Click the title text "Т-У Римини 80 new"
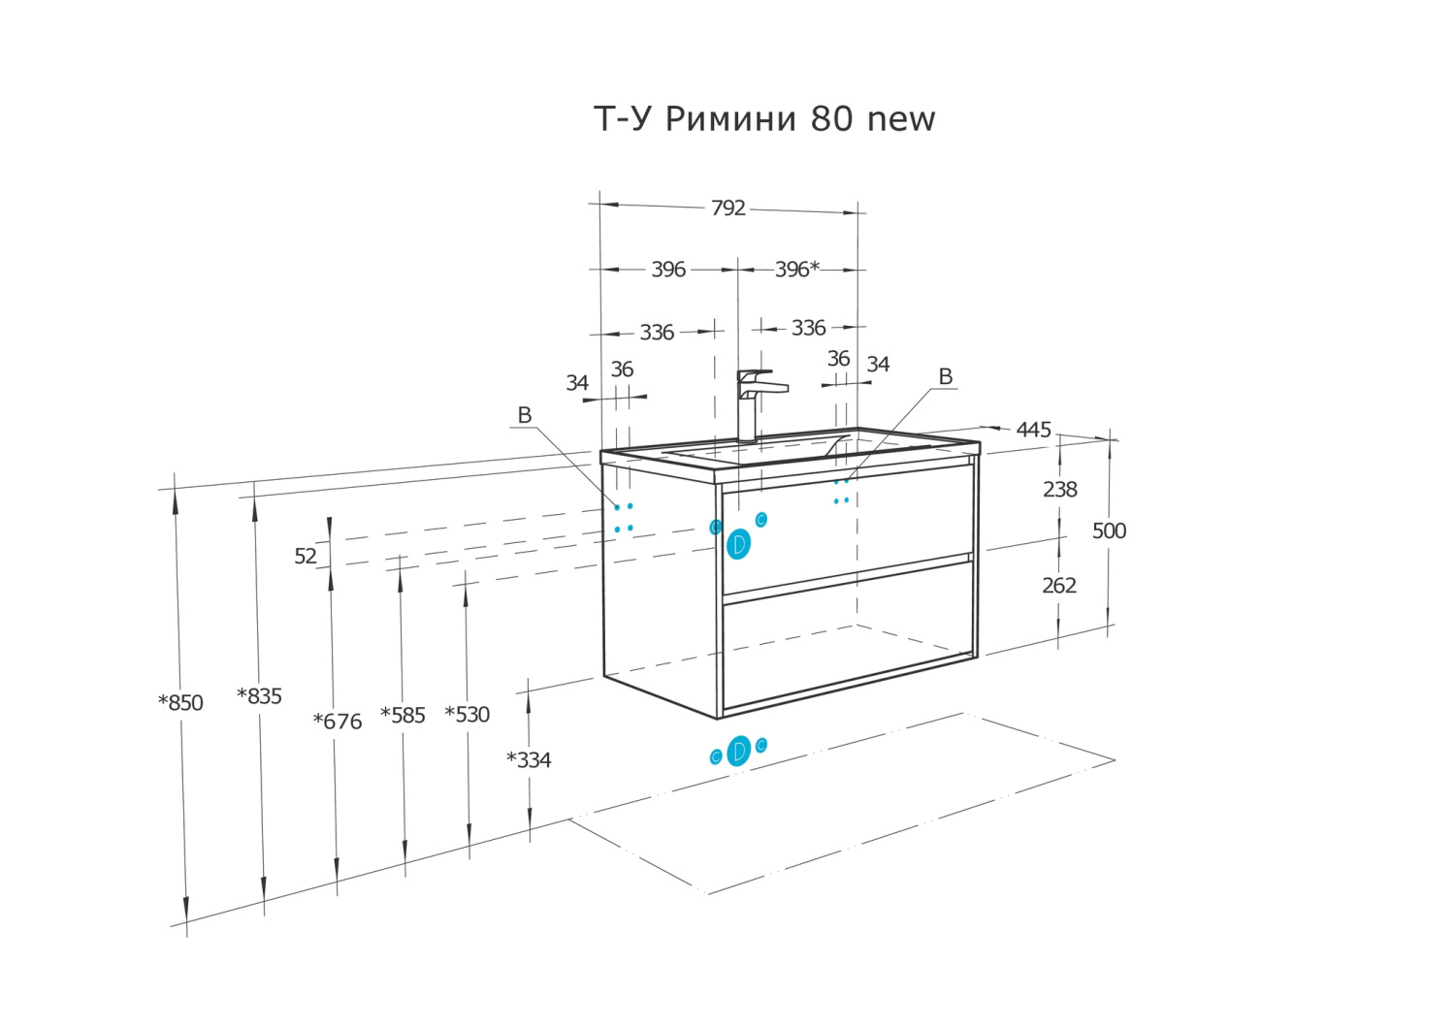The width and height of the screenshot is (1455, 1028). tap(764, 118)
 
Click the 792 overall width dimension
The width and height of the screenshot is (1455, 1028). tap(727, 208)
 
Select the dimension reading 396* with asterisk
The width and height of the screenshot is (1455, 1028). tap(796, 269)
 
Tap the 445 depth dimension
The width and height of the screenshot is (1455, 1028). tap(1033, 430)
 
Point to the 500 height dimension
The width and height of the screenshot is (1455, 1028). tap(1109, 530)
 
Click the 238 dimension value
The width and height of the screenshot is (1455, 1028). tap(1059, 490)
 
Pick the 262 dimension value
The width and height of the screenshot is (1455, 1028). tap(1058, 586)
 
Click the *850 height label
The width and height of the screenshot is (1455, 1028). tap(181, 703)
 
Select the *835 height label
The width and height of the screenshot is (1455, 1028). tap(259, 696)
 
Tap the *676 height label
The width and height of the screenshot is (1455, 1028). tap(337, 722)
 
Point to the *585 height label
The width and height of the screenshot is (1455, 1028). tap(403, 716)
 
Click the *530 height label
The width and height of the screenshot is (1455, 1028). tap(467, 715)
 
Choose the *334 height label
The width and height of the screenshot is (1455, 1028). tap(529, 760)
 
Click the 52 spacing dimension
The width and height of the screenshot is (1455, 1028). tap(306, 556)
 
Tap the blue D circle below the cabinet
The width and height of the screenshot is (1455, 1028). tap(738, 751)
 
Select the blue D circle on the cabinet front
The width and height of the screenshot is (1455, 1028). tap(738, 544)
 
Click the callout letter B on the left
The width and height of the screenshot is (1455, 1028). tap(525, 415)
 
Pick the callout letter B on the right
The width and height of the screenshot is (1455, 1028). tap(945, 376)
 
